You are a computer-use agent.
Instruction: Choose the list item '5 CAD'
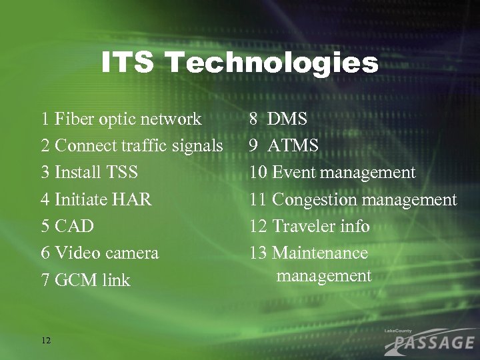67,226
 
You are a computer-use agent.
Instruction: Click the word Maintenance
320,253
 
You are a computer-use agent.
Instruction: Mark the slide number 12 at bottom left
45,340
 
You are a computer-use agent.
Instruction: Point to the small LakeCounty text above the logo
398,331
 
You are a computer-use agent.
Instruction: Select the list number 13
258,253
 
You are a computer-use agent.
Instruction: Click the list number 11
258,199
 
